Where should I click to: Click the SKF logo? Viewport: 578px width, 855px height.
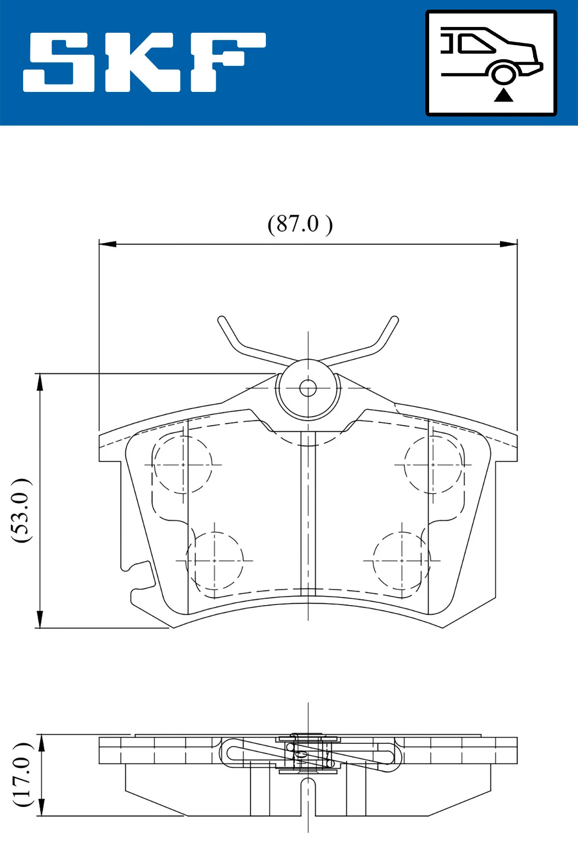point(144,62)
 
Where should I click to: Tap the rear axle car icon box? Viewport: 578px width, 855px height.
point(491,63)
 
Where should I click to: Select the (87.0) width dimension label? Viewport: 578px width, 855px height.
point(300,224)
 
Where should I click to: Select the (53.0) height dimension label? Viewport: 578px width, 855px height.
point(21,510)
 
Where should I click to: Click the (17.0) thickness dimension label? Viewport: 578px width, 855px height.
point(22,775)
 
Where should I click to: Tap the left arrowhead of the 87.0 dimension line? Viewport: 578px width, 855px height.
point(107,244)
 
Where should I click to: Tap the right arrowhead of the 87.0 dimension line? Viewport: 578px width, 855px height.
point(509,244)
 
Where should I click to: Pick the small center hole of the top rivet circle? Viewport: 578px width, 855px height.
point(308,388)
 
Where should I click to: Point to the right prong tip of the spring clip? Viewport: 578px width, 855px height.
point(394,320)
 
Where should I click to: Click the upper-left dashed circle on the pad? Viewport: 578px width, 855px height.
point(183,465)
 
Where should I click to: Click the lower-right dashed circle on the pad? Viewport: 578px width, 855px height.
point(401,561)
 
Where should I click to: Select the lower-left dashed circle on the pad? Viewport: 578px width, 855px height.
point(215,561)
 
